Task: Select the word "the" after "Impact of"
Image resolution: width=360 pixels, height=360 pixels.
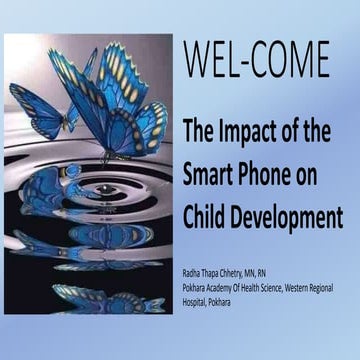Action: pyautogui.click(x=326, y=127)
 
